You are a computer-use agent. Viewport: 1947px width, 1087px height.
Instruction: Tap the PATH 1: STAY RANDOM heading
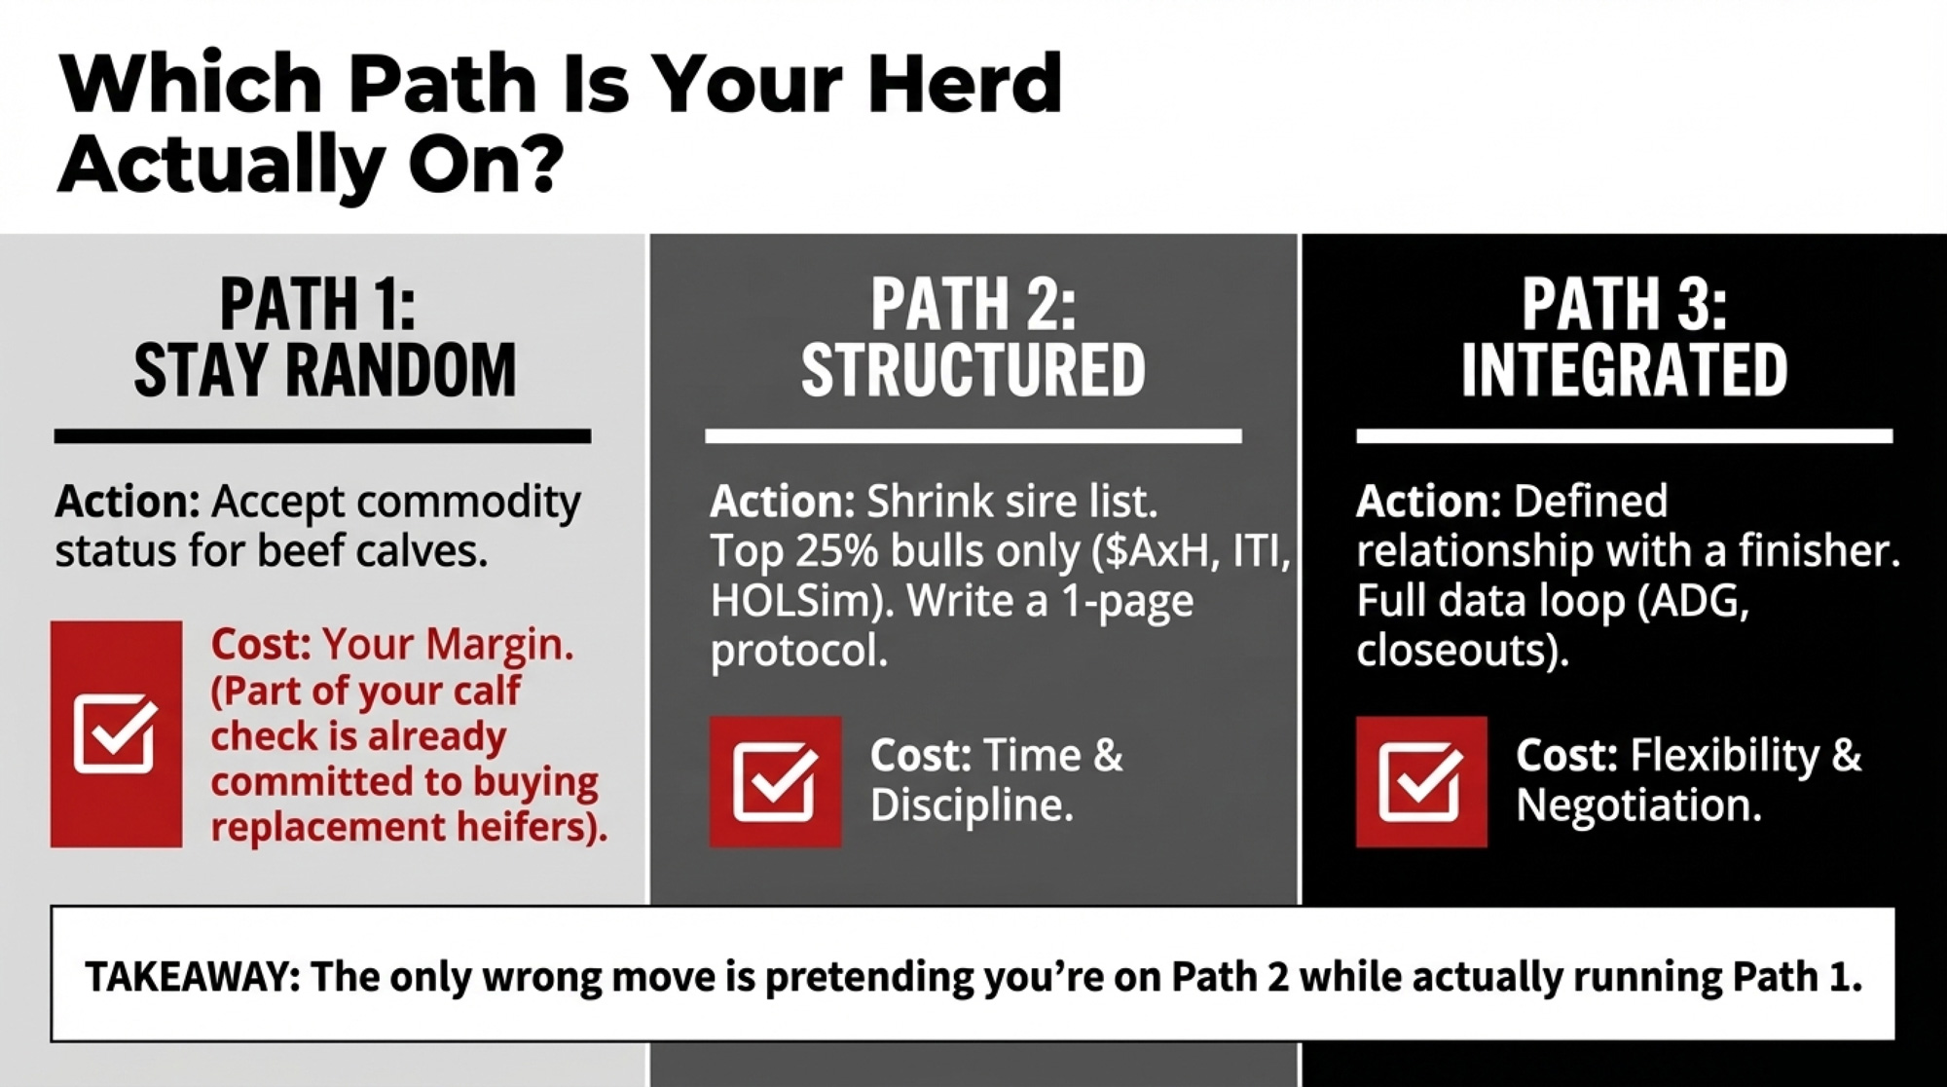tap(324, 337)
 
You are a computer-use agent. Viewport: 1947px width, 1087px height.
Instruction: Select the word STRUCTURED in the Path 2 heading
tap(973, 370)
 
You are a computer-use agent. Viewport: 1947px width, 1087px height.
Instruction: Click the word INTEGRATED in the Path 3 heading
tap(1624, 370)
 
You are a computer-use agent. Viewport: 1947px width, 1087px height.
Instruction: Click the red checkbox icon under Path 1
tap(116, 733)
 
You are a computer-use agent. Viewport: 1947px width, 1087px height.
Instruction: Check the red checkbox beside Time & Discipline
tap(775, 781)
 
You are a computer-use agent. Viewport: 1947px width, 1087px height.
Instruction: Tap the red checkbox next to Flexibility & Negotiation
tap(1421, 781)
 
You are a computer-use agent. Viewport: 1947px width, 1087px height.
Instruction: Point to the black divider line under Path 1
tap(322, 436)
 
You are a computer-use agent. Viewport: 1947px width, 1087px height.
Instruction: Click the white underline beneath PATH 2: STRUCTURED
tap(973, 436)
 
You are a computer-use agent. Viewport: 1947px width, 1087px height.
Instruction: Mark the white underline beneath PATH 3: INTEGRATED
tap(1625, 436)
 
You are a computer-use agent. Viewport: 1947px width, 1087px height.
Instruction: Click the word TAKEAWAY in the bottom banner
tap(193, 976)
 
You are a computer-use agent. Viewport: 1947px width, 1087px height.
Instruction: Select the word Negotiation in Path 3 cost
tap(1638, 806)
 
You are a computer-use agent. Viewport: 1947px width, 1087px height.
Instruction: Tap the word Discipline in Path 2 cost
tap(972, 806)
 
